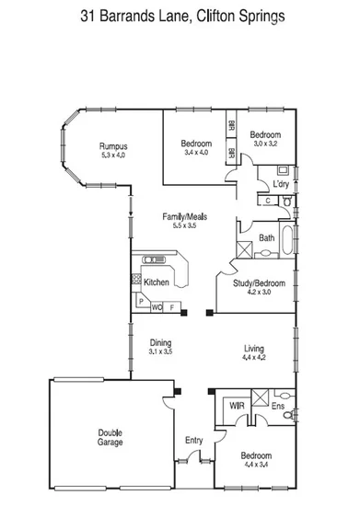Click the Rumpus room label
[x=114, y=146]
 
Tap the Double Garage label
[x=111, y=437]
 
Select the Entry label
[x=193, y=441]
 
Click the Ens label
[x=279, y=405]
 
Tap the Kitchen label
[x=156, y=282]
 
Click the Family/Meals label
[x=185, y=216]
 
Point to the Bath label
[x=267, y=238]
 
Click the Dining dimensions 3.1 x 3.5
[x=160, y=351]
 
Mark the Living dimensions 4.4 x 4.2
[x=253, y=359]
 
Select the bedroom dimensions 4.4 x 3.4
[x=256, y=466]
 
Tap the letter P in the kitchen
[x=141, y=300]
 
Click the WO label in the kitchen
[x=157, y=306]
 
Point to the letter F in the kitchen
[x=172, y=306]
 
